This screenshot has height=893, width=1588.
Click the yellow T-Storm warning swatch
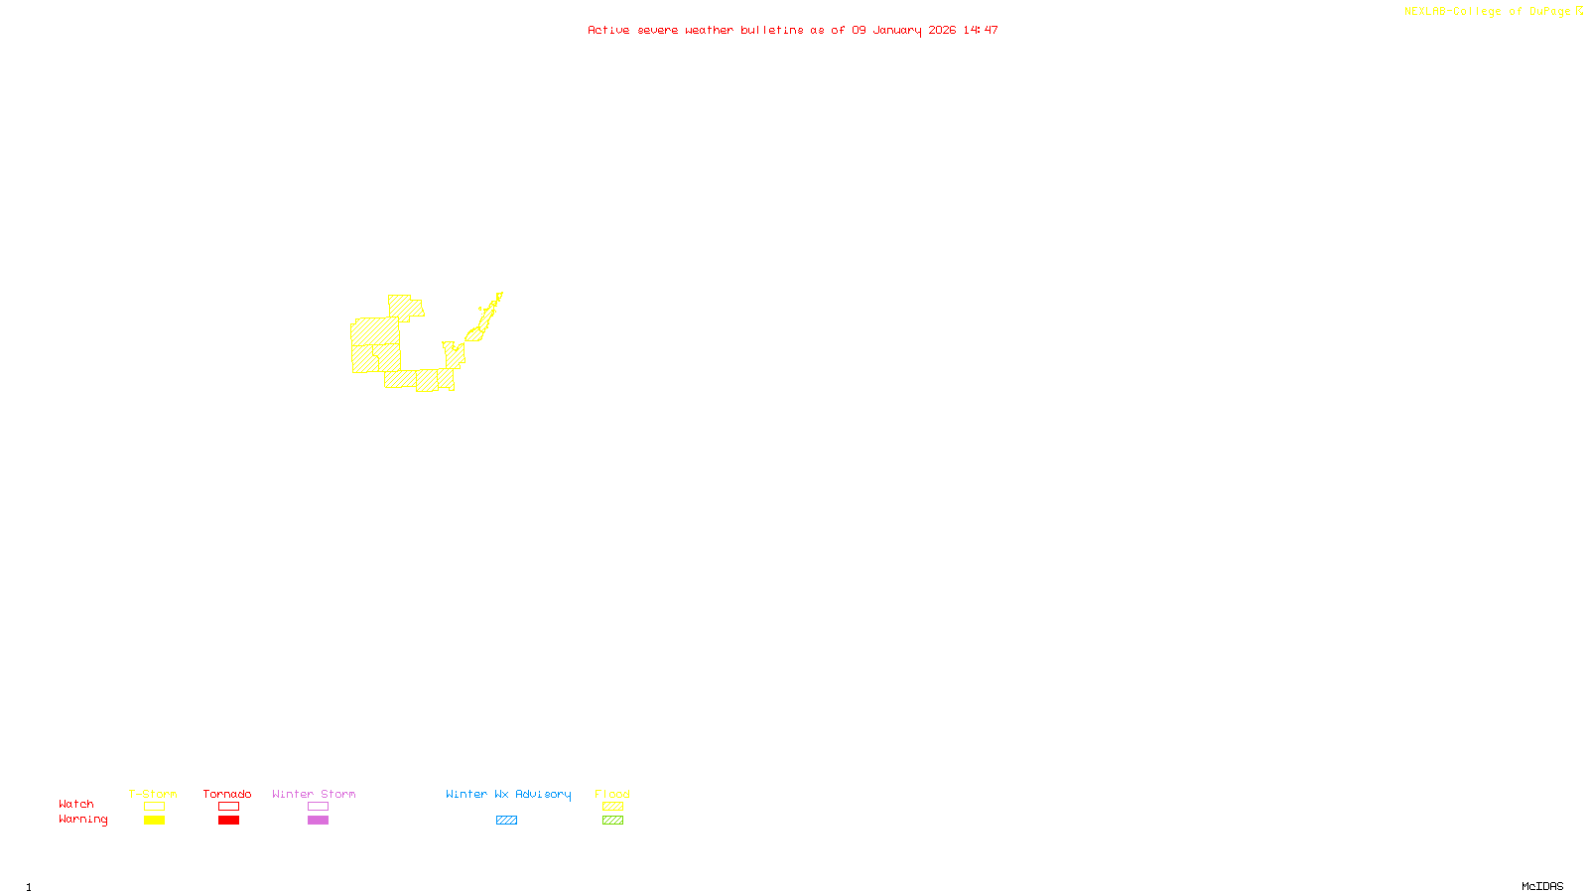click(154, 821)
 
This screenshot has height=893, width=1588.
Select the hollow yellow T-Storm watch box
click(154, 807)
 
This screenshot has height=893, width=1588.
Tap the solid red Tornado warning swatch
click(228, 821)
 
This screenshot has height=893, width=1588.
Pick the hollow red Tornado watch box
click(228, 807)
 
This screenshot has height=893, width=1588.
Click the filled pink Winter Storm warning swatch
click(318, 821)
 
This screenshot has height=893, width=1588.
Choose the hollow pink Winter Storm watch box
click(318, 807)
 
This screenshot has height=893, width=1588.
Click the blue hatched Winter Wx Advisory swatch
click(506, 821)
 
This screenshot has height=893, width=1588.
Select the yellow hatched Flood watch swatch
click(612, 807)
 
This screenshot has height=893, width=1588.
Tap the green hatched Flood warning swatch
click(612, 821)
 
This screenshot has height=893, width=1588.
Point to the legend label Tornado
click(227, 794)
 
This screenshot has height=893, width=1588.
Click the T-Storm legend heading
click(153, 794)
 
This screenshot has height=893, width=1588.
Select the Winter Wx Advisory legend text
click(508, 794)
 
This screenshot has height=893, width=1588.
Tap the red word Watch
click(76, 805)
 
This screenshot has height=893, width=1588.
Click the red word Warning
click(82, 820)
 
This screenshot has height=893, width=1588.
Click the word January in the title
click(897, 31)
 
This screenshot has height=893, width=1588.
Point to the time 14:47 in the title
click(981, 31)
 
